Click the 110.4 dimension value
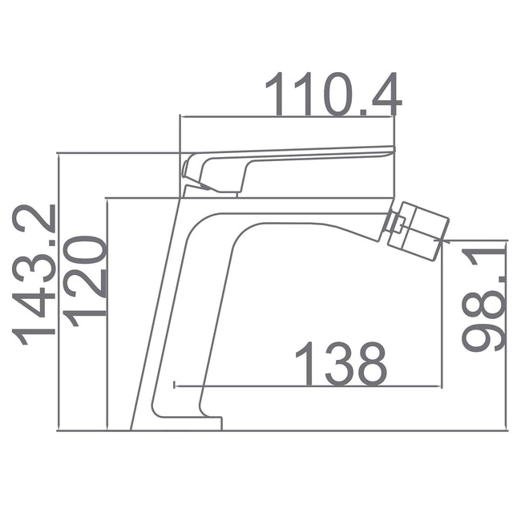332,94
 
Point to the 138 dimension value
341,364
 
